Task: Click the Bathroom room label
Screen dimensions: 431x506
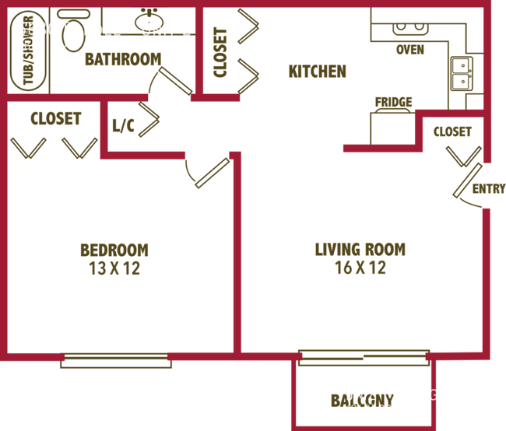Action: click(121, 59)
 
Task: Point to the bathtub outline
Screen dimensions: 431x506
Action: click(29, 51)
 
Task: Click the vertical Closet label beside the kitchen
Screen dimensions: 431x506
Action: click(220, 52)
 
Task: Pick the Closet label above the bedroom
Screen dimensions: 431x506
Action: click(56, 119)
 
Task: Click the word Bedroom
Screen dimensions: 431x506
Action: click(114, 250)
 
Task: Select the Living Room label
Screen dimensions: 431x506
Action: click(360, 249)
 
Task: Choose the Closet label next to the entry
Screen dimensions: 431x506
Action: click(452, 131)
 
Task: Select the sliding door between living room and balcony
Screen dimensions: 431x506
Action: click(363, 356)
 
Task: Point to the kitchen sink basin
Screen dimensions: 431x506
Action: click(410, 30)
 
